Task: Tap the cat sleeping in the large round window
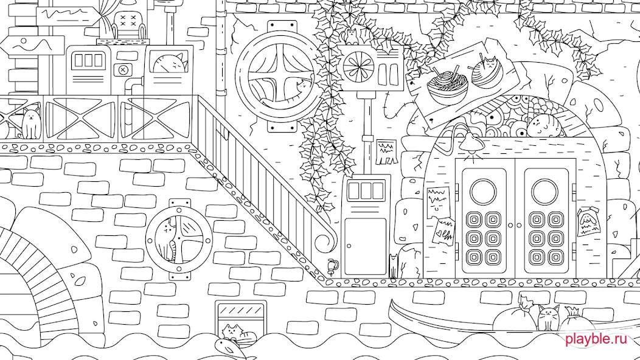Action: pyautogui.click(x=286, y=96)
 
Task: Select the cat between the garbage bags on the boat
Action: pyautogui.click(x=548, y=317)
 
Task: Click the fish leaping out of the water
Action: pyautogui.click(x=229, y=348)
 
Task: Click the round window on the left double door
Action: pyautogui.click(x=483, y=192)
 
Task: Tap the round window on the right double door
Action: pyautogui.click(x=544, y=192)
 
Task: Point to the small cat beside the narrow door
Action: pyautogui.click(x=392, y=265)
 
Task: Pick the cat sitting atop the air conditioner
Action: pyautogui.click(x=352, y=36)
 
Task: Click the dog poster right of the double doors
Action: pyautogui.click(x=588, y=221)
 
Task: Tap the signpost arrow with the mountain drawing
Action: pyautogui.click(x=33, y=46)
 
